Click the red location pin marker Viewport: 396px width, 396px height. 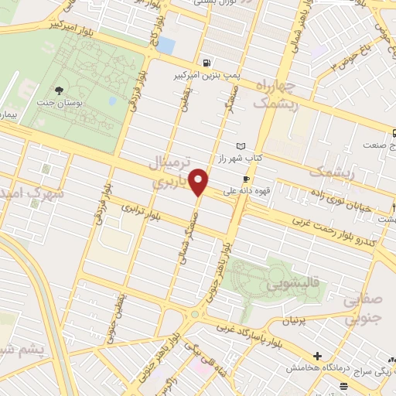pyautogui.click(x=200, y=181)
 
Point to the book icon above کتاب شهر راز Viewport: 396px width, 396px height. pyautogui.click(x=241, y=146)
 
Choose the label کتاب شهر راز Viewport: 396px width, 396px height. pyautogui.click(x=261, y=157)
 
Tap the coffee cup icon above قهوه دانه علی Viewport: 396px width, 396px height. pyautogui.click(x=246, y=178)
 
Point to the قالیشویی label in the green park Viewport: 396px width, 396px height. pyautogui.click(x=293, y=285)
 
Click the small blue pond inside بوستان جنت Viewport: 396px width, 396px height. pyautogui.click(x=112, y=101)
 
